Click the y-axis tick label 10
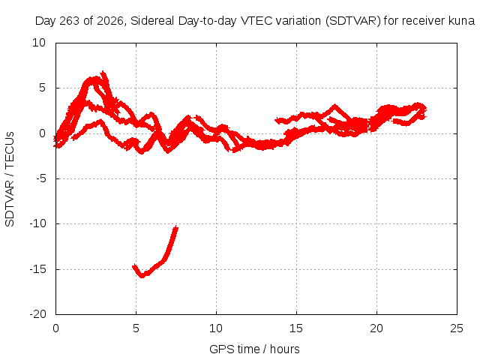(x=39, y=43)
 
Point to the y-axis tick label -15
(x=37, y=269)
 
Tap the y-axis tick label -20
(x=37, y=314)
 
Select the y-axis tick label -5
(x=41, y=178)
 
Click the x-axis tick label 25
(x=457, y=328)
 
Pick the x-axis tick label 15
(x=296, y=328)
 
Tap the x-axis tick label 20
(x=376, y=328)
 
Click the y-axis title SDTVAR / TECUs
(x=10, y=179)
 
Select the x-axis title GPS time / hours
(x=254, y=349)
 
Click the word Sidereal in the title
(x=152, y=21)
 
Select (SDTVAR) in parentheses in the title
(x=353, y=21)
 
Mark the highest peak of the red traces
(x=103, y=73)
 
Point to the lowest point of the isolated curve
(x=142, y=276)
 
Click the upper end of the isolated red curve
(x=176, y=227)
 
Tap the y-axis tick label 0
(x=42, y=133)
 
